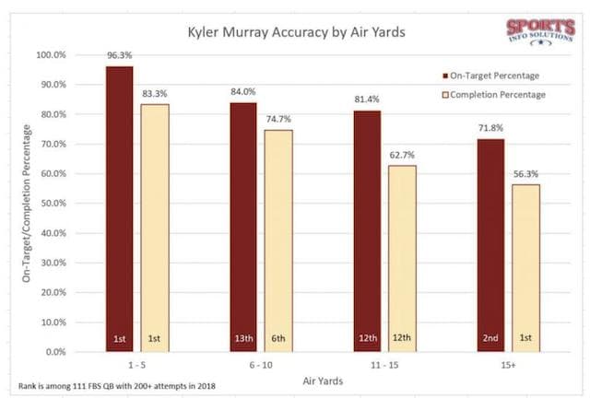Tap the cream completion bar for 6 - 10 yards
click(278, 240)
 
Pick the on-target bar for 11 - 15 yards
click(366, 230)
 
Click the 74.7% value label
click(278, 120)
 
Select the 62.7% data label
click(401, 155)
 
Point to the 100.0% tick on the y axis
click(51, 55)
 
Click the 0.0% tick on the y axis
click(56, 352)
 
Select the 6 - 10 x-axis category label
click(260, 366)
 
